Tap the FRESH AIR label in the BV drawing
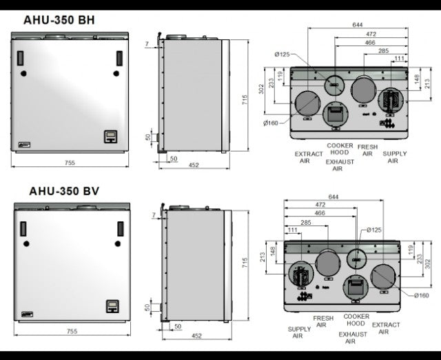click(324, 321)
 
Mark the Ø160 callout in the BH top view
click(270, 123)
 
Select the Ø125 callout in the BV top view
click(374, 230)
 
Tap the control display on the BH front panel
click(110, 136)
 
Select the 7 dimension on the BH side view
click(147, 44)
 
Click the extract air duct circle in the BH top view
click(305, 106)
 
